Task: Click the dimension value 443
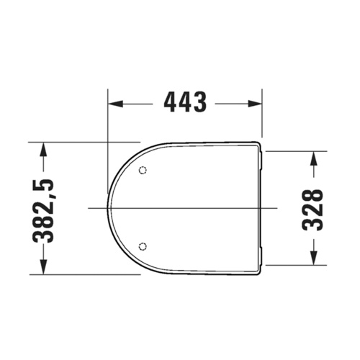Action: click(x=185, y=103)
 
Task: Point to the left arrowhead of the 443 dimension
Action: click(x=113, y=103)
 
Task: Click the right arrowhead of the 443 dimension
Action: click(x=256, y=103)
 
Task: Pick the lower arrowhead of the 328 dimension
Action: click(x=314, y=259)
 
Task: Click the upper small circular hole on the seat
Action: click(x=143, y=171)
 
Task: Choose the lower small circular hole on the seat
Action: click(x=143, y=246)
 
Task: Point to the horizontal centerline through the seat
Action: click(x=187, y=208)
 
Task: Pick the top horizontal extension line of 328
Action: click(x=295, y=151)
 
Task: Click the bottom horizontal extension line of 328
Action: click(x=295, y=265)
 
